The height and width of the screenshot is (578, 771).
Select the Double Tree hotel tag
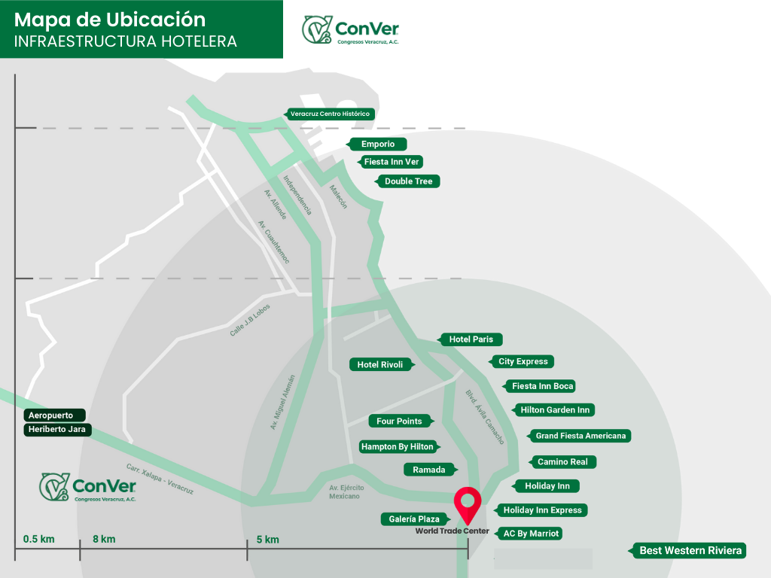point(408,181)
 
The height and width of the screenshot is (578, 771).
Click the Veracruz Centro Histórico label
point(330,114)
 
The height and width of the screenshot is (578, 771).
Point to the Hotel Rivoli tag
point(380,365)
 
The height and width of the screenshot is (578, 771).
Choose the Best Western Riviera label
point(690,551)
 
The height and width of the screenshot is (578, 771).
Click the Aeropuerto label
point(54,415)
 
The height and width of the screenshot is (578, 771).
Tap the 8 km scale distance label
point(104,540)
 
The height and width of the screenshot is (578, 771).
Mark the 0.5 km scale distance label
point(39,540)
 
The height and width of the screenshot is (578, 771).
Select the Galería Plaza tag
point(415,519)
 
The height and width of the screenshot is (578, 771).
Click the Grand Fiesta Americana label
point(580,436)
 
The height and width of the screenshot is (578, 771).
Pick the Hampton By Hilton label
point(398,447)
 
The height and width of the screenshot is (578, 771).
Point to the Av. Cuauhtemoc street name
point(273,242)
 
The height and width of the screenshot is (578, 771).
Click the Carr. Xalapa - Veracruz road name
point(160,479)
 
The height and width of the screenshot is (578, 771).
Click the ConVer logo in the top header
point(351,30)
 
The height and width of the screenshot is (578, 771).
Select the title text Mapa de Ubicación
point(110,19)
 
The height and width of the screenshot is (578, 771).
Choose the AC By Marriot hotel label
point(531,534)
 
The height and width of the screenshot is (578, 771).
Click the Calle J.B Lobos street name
point(250,320)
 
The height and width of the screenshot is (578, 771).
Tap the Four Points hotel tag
point(400,421)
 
